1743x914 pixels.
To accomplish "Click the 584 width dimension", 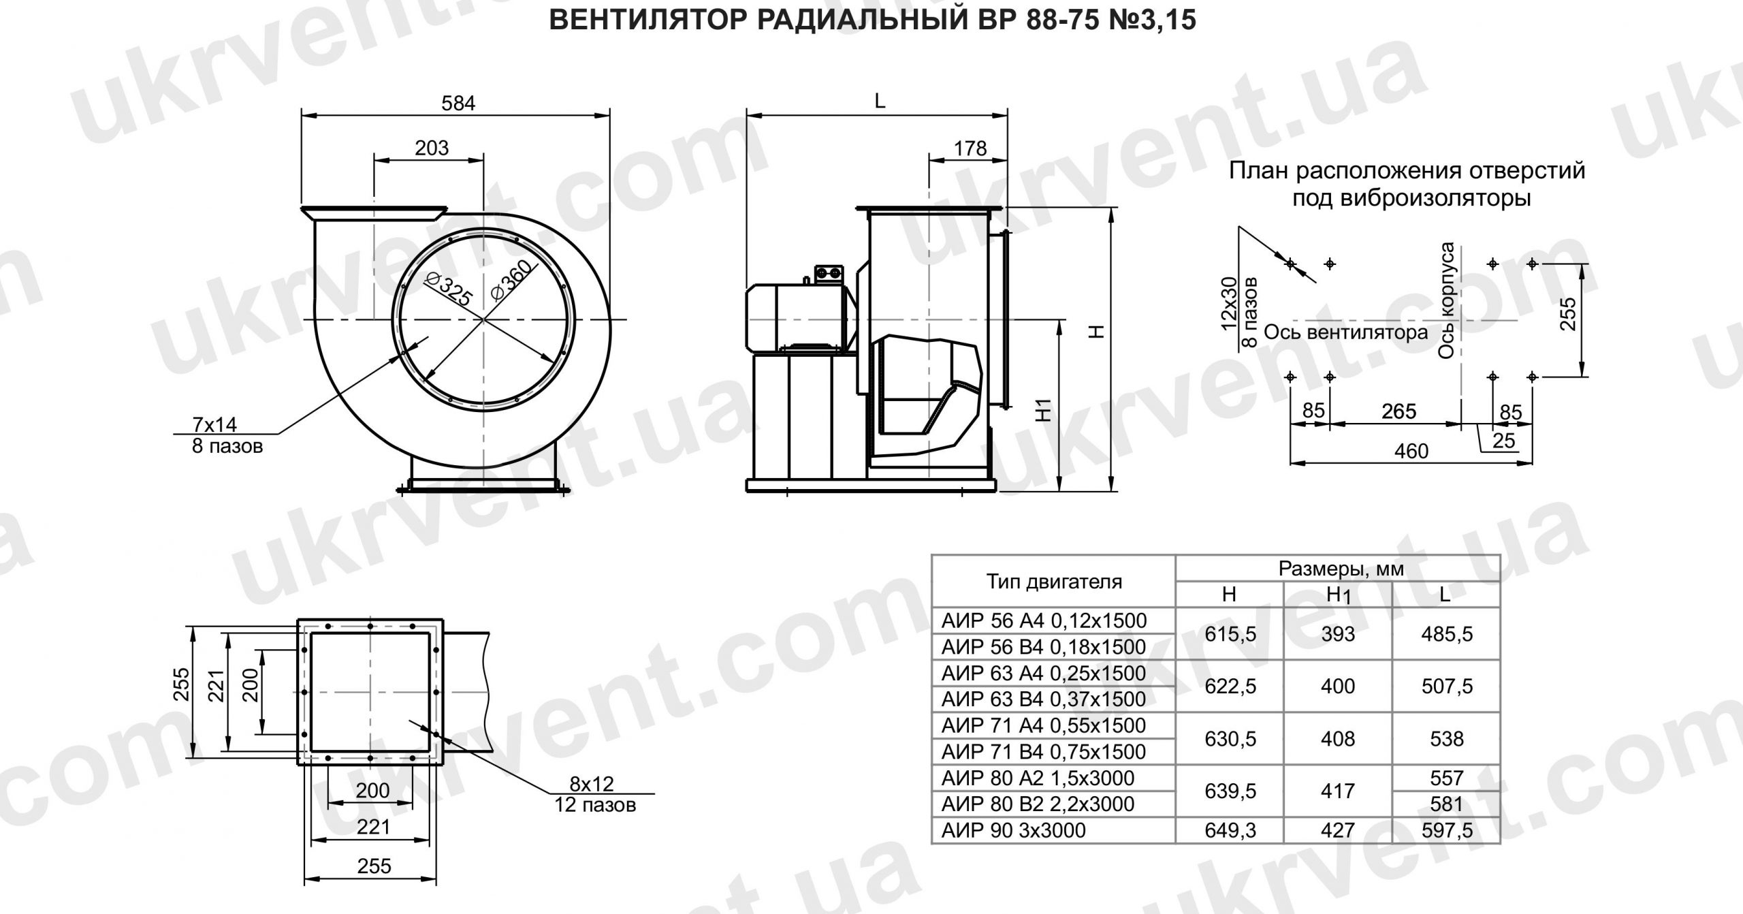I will (458, 103).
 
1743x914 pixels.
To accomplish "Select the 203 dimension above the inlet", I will (432, 148).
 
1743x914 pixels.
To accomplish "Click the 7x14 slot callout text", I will (215, 425).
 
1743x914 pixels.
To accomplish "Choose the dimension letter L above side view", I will (880, 101).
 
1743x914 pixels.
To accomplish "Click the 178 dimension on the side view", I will (970, 148).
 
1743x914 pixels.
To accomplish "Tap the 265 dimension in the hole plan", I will (1398, 411).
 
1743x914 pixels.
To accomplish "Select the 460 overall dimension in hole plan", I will (1411, 452).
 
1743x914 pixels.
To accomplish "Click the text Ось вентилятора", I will (1345, 333).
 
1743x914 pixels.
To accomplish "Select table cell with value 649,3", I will (1230, 830).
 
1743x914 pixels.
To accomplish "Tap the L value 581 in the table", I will (1446, 804).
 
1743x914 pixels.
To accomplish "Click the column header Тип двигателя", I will (1054, 582).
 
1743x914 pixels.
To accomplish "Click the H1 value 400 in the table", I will (1337, 687).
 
